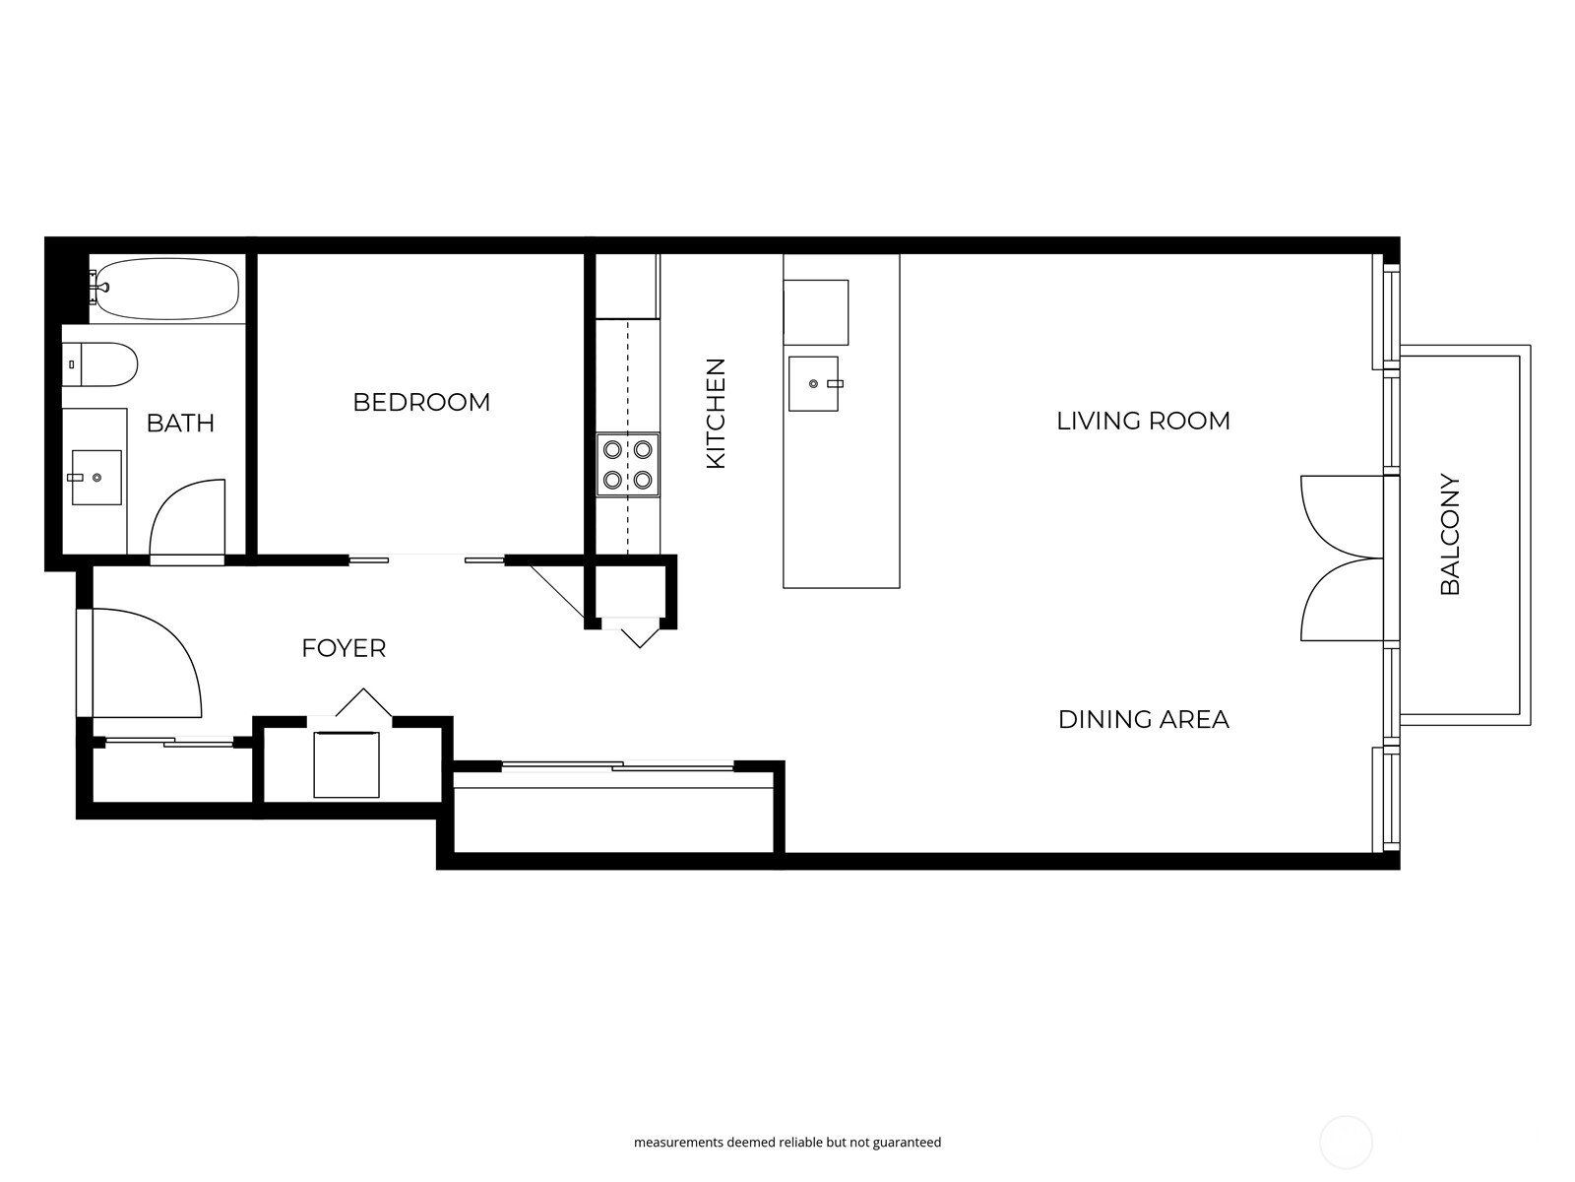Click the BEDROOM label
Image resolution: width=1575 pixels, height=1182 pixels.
tap(421, 402)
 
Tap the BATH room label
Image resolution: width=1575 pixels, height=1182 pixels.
tap(180, 423)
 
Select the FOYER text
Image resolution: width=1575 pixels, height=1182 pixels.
tap(344, 648)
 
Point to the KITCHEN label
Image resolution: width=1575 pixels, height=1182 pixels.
tap(716, 413)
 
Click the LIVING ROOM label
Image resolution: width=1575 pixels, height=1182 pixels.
tap(1143, 421)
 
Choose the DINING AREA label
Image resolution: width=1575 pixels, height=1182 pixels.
tap(1143, 719)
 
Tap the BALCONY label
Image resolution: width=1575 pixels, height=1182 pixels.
tap(1450, 535)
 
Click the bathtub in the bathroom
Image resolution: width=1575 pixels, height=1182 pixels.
tap(167, 289)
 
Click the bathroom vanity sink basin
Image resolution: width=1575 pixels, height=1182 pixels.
tap(96, 478)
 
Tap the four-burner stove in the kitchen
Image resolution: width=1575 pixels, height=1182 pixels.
tap(628, 465)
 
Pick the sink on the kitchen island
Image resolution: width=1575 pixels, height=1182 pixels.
tap(813, 383)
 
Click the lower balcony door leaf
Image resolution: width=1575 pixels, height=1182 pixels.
tap(1341, 601)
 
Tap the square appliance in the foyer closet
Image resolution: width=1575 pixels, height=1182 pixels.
tap(346, 764)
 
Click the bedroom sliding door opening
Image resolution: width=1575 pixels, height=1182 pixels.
tap(427, 559)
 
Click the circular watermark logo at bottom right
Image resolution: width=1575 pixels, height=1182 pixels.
tap(1346, 1143)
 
